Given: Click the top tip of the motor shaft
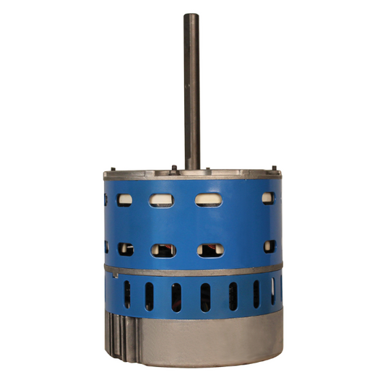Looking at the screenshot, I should tap(191, 16).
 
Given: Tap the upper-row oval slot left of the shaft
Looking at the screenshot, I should tap(163, 199).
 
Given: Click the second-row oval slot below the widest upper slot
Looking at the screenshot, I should tap(210, 250).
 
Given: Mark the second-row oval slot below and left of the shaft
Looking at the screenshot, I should tap(163, 250).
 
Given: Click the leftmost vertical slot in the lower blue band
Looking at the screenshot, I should tap(126, 293).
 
